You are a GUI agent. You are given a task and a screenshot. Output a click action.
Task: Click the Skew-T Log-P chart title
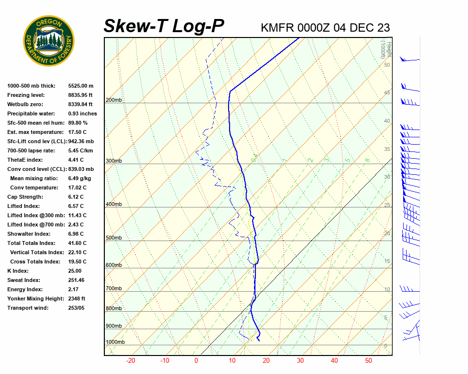164,26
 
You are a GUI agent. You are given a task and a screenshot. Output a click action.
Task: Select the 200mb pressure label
114,100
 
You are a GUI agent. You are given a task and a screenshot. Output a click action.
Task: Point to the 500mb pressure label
114,238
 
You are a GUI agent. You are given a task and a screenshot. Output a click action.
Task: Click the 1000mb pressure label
115,342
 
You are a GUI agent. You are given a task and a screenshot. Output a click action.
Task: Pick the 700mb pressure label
114,289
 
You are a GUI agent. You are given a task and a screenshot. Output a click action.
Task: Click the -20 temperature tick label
131,361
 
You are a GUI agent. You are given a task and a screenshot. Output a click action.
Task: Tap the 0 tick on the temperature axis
196,361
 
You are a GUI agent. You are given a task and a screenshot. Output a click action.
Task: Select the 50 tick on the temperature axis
369,361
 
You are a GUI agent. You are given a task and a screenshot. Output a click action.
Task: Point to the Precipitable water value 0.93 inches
82,113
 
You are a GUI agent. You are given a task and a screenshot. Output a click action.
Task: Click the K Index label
18,271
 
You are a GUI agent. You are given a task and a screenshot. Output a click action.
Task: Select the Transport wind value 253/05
76,308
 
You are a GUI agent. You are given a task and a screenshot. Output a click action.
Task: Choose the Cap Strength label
25,197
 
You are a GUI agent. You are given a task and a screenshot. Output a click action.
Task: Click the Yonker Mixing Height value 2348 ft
77,299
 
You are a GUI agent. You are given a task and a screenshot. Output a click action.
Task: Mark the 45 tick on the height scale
387,93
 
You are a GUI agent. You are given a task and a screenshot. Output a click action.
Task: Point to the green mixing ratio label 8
368,160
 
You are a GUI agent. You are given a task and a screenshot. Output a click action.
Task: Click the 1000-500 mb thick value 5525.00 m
81,86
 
